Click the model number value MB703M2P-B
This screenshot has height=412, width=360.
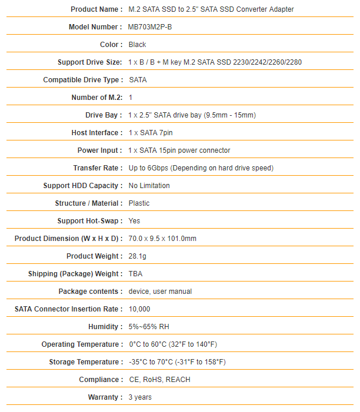coord(150,27)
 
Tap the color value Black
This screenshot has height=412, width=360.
coord(137,45)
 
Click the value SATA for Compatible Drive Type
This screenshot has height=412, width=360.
coord(138,80)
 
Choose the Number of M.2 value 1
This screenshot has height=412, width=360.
coord(131,98)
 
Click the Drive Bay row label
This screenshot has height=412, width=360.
coord(104,115)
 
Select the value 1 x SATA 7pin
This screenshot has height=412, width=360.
coord(151,133)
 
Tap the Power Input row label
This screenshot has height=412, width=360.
coord(99,150)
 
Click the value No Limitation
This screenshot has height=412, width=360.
coord(149,186)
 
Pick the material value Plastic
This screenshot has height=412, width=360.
coord(139,203)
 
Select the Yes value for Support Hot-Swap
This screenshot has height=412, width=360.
coord(134,221)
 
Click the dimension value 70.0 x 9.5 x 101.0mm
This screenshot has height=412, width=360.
coord(162,239)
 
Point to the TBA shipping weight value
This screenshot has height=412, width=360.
coord(135,274)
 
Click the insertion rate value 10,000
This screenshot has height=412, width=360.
coord(139,309)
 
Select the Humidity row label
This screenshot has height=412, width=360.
coord(105,327)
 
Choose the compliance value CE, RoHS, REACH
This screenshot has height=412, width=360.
coord(159,380)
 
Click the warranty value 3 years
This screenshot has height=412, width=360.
coord(140,397)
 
